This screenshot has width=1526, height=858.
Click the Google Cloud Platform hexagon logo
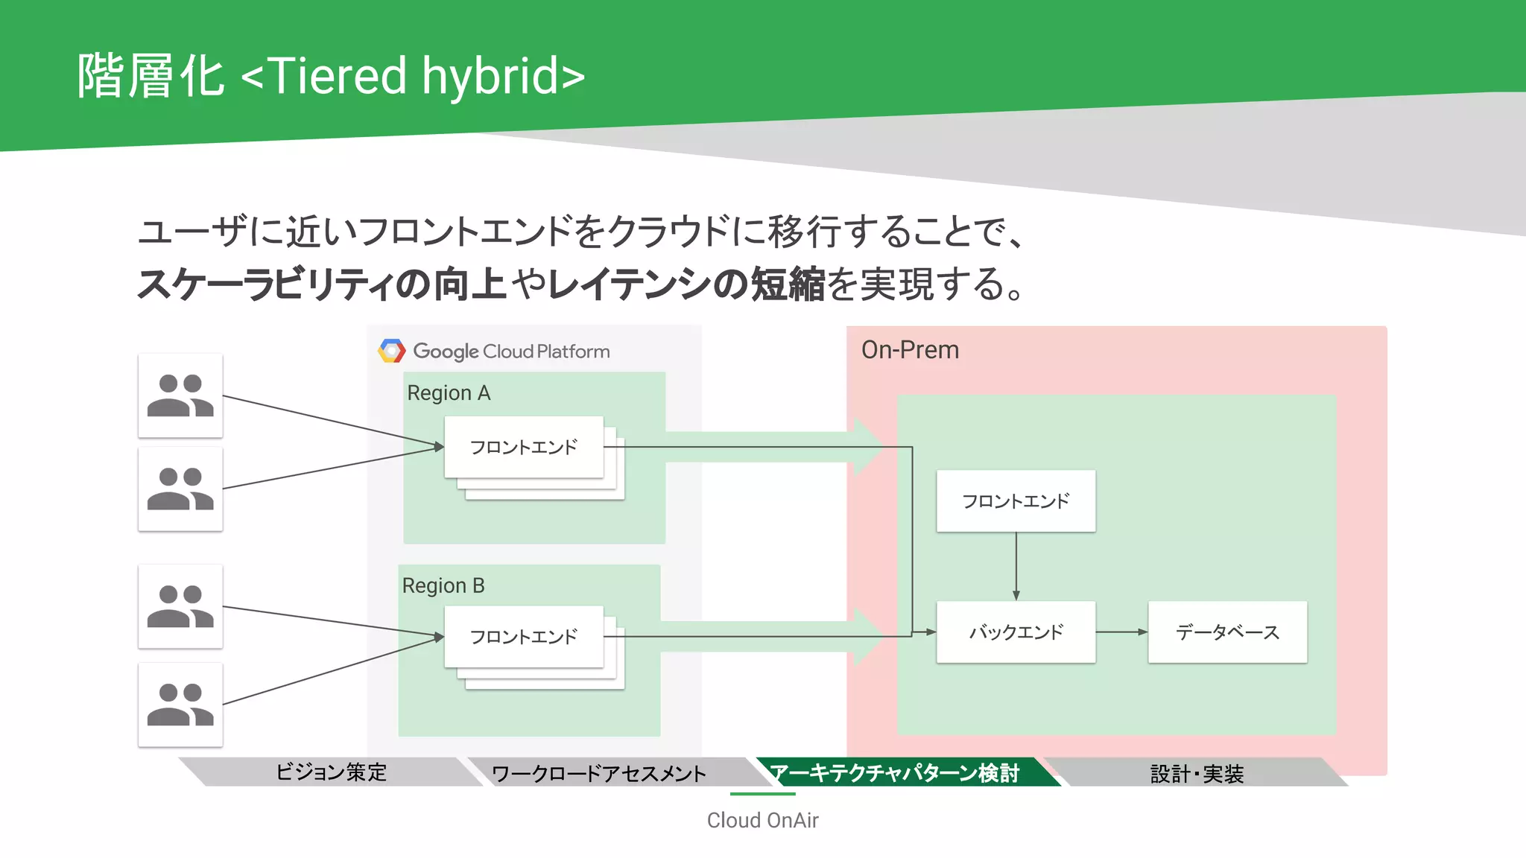(392, 351)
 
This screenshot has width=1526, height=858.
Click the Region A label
(449, 393)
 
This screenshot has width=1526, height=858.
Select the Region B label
(443, 586)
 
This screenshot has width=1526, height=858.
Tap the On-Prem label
(910, 350)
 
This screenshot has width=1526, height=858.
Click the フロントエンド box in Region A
(524, 447)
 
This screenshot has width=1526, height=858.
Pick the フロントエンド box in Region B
(524, 637)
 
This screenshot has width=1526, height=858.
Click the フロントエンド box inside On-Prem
(1016, 501)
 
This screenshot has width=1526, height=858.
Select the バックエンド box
(1016, 632)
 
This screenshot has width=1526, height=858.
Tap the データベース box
(1227, 632)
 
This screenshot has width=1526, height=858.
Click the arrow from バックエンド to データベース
(1121, 632)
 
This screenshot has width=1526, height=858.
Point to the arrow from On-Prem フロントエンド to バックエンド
(1016, 566)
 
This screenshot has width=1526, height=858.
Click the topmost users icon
(180, 395)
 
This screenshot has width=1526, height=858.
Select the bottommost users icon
(180, 705)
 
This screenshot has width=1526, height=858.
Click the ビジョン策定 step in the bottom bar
(331, 772)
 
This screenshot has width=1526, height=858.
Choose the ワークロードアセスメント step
(599, 773)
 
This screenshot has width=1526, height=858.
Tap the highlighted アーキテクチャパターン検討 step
(894, 773)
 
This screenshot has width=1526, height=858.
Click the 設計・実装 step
(1197, 774)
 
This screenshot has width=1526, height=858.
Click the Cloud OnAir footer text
(762, 820)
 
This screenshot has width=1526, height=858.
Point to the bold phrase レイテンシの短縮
(686, 284)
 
